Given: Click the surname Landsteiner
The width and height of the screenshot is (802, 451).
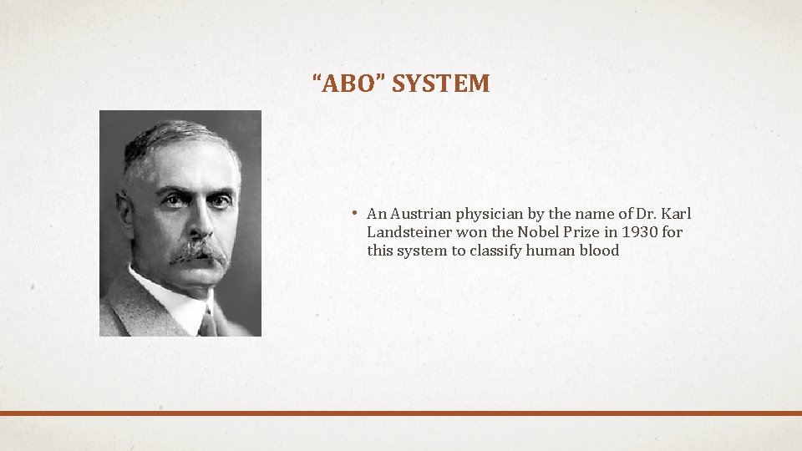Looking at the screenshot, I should (409, 232).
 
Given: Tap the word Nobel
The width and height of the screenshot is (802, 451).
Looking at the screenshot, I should (539, 232).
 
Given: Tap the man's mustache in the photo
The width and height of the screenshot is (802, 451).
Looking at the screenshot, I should (199, 251).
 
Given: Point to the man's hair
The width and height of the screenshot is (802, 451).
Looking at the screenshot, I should (171, 138).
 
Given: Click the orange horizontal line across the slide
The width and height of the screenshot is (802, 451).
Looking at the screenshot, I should (401, 413).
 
